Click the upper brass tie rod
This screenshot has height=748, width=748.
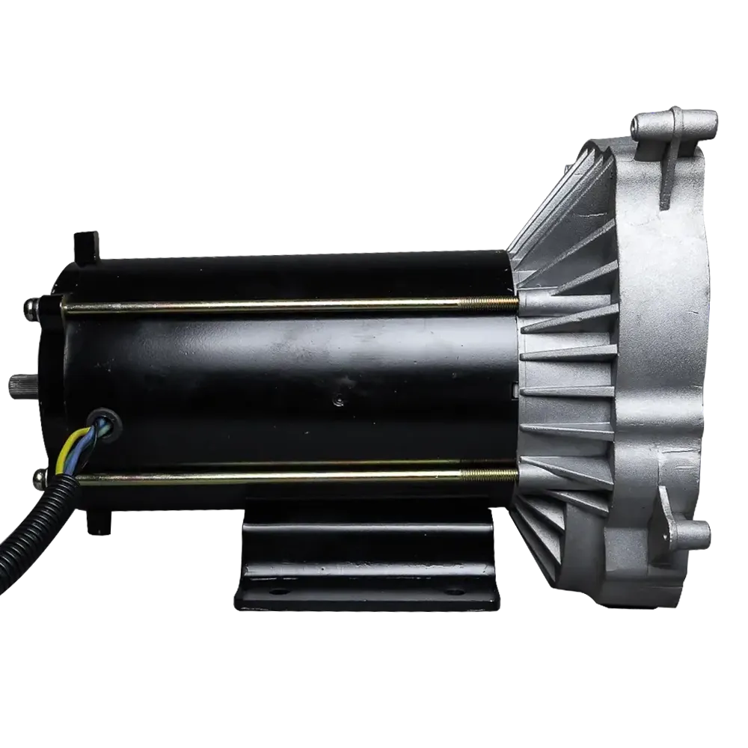pos(262,305)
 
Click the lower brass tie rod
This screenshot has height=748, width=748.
pos(262,475)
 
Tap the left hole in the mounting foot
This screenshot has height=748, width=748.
pos(278,590)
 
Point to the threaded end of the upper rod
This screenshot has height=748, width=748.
pos(486,302)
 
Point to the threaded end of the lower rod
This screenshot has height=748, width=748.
pos(490,473)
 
